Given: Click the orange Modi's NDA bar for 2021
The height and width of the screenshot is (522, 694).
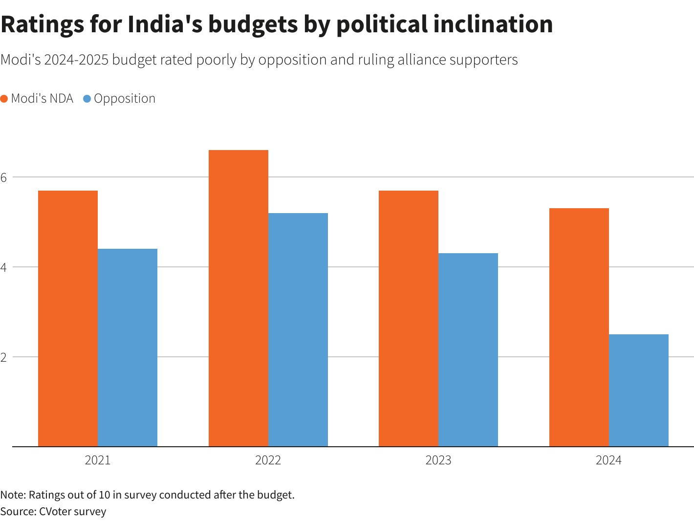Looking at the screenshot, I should pyautogui.click(x=68, y=318).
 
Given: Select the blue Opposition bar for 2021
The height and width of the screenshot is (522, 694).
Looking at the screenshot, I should pyautogui.click(x=128, y=348).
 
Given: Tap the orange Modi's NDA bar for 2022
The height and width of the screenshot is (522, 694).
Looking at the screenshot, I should pyautogui.click(x=239, y=298).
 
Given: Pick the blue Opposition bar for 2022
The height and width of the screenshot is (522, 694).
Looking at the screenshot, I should pyautogui.click(x=298, y=329).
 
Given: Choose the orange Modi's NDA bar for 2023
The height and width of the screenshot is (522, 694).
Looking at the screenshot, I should pyautogui.click(x=409, y=318).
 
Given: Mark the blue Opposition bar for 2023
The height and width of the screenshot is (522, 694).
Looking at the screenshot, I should pyautogui.click(x=468, y=349).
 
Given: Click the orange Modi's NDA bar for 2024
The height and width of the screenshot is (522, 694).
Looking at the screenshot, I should pyautogui.click(x=579, y=327).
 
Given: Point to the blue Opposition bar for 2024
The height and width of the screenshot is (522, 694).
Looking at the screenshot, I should pyautogui.click(x=639, y=390).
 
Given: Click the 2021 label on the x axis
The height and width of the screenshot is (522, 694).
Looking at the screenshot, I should pyautogui.click(x=98, y=460).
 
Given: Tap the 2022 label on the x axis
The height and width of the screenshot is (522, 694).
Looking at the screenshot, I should pyautogui.click(x=268, y=460).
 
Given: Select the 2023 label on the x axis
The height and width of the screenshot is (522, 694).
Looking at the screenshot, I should pyautogui.click(x=438, y=460).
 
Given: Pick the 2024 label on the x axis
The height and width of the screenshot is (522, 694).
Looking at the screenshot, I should pyautogui.click(x=608, y=460).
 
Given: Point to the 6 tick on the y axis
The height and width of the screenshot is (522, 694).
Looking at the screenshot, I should pyautogui.click(x=4, y=177).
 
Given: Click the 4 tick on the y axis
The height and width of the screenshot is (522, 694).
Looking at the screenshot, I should pyautogui.click(x=4, y=267).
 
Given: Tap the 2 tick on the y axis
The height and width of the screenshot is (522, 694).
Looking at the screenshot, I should pyautogui.click(x=4, y=357).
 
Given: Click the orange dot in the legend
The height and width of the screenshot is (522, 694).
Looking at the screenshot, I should pyautogui.click(x=4, y=99).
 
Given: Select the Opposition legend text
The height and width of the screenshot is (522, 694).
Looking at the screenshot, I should pyautogui.click(x=125, y=99).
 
